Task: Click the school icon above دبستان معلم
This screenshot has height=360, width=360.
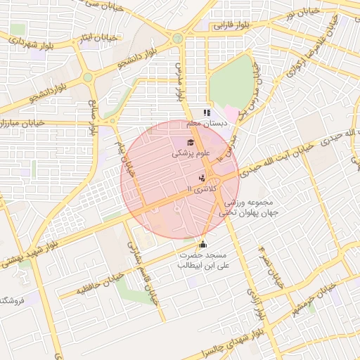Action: [207, 112]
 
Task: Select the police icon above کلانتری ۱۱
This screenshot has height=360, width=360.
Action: [202, 179]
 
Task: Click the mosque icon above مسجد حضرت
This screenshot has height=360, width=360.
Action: [203, 245]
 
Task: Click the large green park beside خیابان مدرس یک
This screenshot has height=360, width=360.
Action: [232, 81]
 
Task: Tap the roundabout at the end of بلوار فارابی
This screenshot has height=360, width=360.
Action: [178, 37]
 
